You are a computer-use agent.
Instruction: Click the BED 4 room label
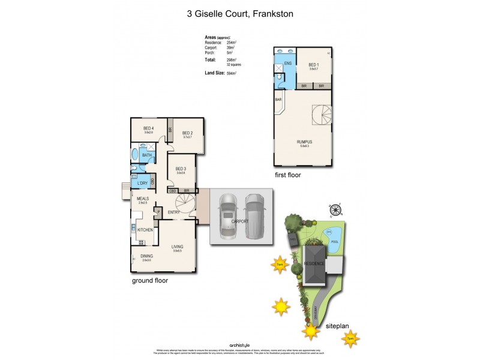point(149,128)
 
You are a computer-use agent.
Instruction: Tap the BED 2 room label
point(187,133)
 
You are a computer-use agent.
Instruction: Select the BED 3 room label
point(182,169)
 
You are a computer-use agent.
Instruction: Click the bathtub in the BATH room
point(135,154)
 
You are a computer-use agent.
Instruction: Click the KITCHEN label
point(145,230)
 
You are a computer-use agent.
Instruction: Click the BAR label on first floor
point(278,99)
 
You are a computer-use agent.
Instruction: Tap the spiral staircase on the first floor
point(321,115)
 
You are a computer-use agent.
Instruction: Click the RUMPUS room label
point(304,142)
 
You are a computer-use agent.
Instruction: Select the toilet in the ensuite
point(279,77)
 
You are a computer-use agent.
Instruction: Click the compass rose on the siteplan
point(337,210)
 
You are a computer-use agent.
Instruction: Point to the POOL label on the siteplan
point(334,241)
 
